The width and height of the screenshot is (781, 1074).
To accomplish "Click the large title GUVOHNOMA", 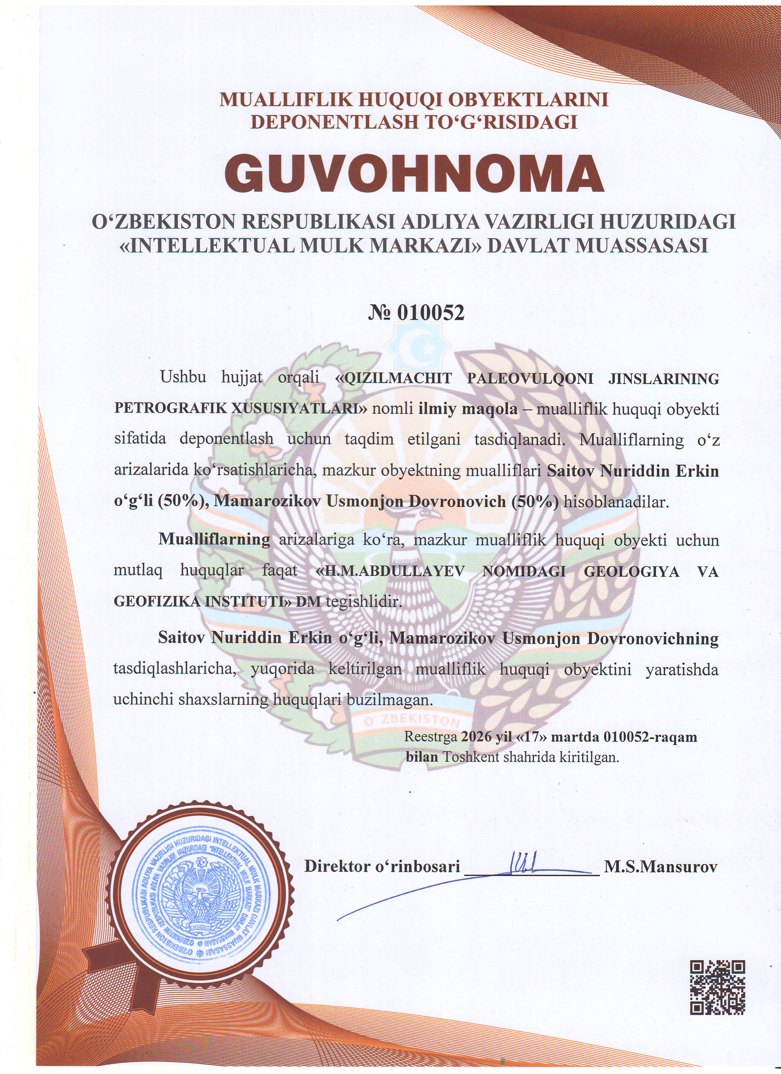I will pos(414,174).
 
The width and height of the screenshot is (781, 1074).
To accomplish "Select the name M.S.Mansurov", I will pos(660,867).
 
